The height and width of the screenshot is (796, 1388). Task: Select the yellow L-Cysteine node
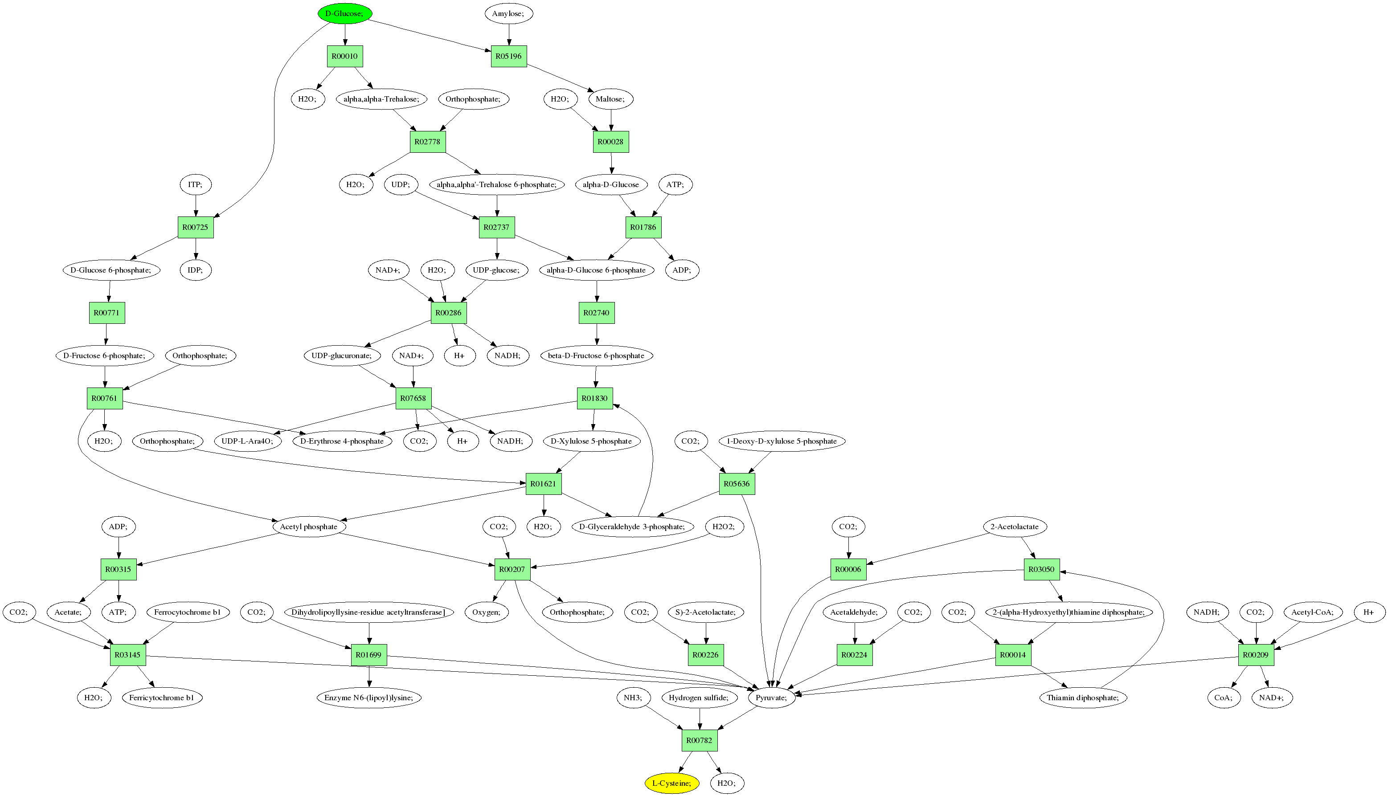tap(671, 783)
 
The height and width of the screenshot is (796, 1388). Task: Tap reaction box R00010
tap(344, 56)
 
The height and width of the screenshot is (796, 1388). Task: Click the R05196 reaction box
tap(508, 56)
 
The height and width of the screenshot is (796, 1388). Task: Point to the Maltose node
tap(610, 99)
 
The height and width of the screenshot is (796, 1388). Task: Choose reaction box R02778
tap(427, 142)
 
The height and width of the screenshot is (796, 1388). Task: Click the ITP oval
tap(196, 184)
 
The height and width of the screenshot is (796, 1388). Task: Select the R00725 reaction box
tap(196, 227)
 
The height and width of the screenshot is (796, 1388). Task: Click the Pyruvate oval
tap(772, 698)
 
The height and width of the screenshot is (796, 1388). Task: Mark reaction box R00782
tap(700, 740)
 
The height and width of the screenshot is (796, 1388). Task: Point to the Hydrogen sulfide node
tap(699, 698)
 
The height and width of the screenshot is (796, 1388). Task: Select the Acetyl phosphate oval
tap(309, 527)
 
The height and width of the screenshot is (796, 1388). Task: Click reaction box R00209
tap(1256, 654)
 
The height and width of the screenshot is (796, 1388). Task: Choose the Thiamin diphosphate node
tap(1083, 698)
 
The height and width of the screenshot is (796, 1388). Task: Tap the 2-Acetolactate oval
tap(1015, 527)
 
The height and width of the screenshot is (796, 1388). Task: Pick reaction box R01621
tap(544, 484)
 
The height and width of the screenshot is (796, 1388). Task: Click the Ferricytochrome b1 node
tap(162, 698)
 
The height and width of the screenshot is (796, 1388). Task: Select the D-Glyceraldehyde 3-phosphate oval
tap(633, 527)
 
